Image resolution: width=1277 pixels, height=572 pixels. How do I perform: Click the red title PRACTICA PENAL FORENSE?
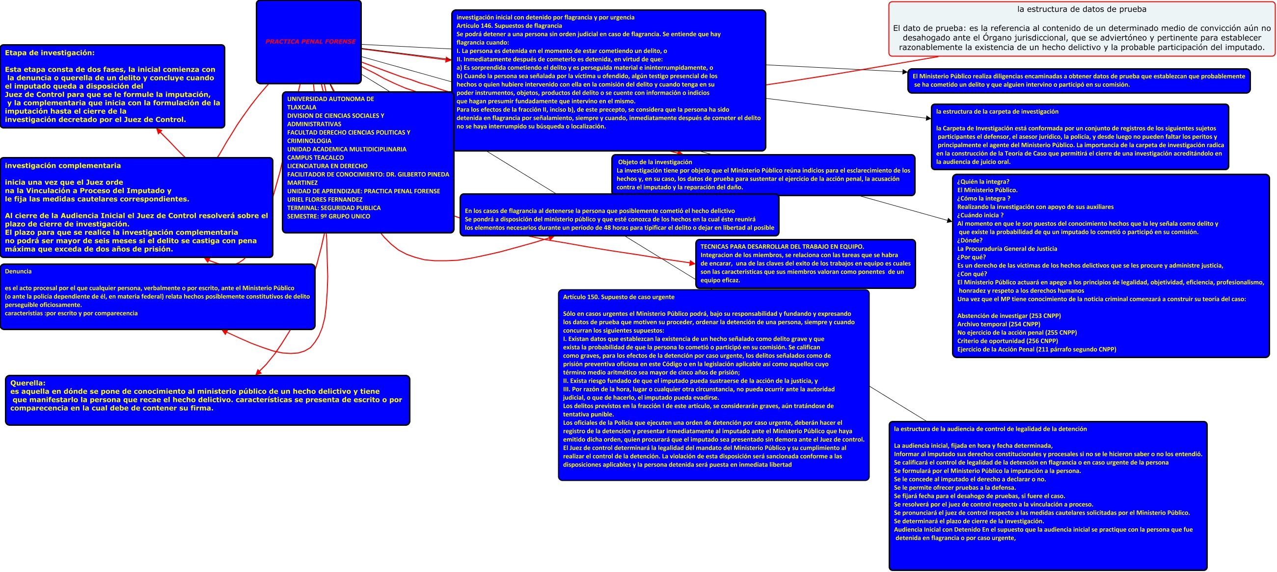(310, 42)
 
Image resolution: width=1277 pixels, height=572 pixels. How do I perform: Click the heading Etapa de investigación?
(50, 53)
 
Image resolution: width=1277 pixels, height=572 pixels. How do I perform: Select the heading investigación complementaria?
(63, 166)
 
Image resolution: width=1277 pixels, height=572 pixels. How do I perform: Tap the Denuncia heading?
(18, 271)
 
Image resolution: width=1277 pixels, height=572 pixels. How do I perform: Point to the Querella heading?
(28, 383)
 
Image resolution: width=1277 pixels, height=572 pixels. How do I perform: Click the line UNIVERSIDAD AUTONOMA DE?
(330, 99)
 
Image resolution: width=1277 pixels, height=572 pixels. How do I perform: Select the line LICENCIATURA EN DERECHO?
(327, 166)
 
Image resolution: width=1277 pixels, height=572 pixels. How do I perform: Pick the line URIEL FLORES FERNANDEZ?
(325, 200)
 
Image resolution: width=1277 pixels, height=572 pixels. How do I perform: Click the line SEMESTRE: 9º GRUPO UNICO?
(328, 216)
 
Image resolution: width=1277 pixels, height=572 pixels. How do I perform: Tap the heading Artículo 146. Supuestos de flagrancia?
(509, 26)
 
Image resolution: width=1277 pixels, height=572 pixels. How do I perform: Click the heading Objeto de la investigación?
(655, 162)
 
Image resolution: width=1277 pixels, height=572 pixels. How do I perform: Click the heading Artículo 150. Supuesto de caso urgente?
(619, 297)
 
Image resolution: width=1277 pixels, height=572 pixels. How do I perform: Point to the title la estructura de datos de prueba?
(1082, 9)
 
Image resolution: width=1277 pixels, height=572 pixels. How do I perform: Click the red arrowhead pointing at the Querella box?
(258, 372)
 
